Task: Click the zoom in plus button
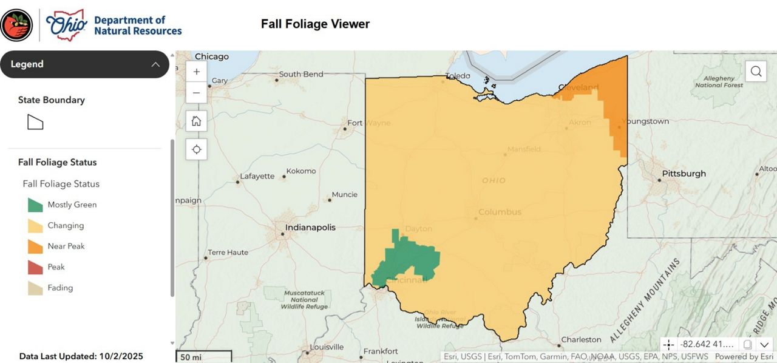point(196,72)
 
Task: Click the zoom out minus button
point(196,93)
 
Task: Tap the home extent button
point(196,121)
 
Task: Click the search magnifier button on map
point(756,72)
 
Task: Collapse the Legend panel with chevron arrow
point(155,64)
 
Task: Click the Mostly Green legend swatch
point(35,205)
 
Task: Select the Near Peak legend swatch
point(35,246)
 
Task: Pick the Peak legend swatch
point(35,267)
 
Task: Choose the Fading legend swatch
point(35,288)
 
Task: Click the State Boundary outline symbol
point(35,122)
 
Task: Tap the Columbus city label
point(500,212)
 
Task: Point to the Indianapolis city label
point(310,228)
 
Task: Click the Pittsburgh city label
point(684,174)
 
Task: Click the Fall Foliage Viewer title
point(315,24)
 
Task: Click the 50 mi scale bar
point(203,357)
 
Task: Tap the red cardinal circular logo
point(16,25)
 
